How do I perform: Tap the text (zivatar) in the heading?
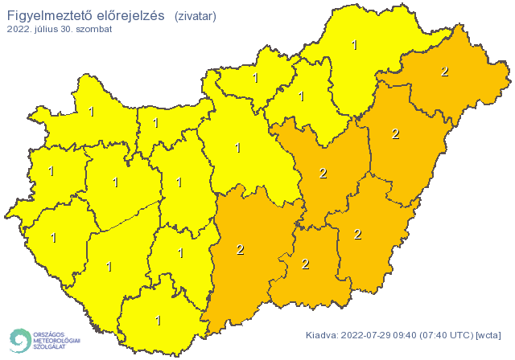[x=195, y=14]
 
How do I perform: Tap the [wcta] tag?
[x=488, y=334]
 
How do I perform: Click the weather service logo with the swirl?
[x=43, y=340]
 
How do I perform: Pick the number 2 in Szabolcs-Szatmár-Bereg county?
[x=444, y=72]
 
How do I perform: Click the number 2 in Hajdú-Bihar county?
[x=395, y=133]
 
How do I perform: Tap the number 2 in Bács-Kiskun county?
[x=240, y=249]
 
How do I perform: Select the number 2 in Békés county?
[x=357, y=235]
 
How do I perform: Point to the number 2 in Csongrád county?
[x=305, y=264]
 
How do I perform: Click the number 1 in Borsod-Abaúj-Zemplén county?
[x=355, y=46]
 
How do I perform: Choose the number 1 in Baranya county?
[x=158, y=321]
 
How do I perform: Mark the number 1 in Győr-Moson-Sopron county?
[x=91, y=112]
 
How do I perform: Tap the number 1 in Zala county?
[x=54, y=238]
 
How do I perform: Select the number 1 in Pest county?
[x=237, y=148]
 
